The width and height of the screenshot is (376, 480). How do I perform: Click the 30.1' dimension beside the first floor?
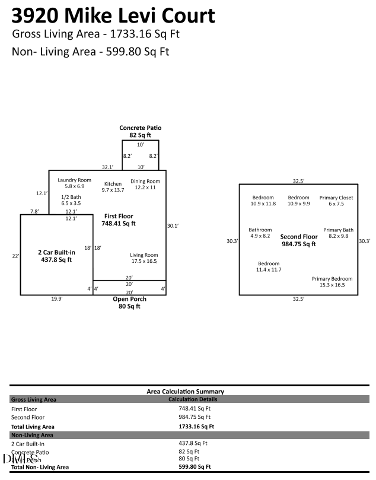(173, 225)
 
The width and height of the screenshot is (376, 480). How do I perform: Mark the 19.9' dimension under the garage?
(56, 299)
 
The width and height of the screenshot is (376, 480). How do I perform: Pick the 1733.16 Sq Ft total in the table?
(196, 426)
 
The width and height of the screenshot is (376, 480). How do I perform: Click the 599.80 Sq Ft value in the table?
(196, 467)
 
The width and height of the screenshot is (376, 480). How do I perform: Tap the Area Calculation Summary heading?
(185, 392)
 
